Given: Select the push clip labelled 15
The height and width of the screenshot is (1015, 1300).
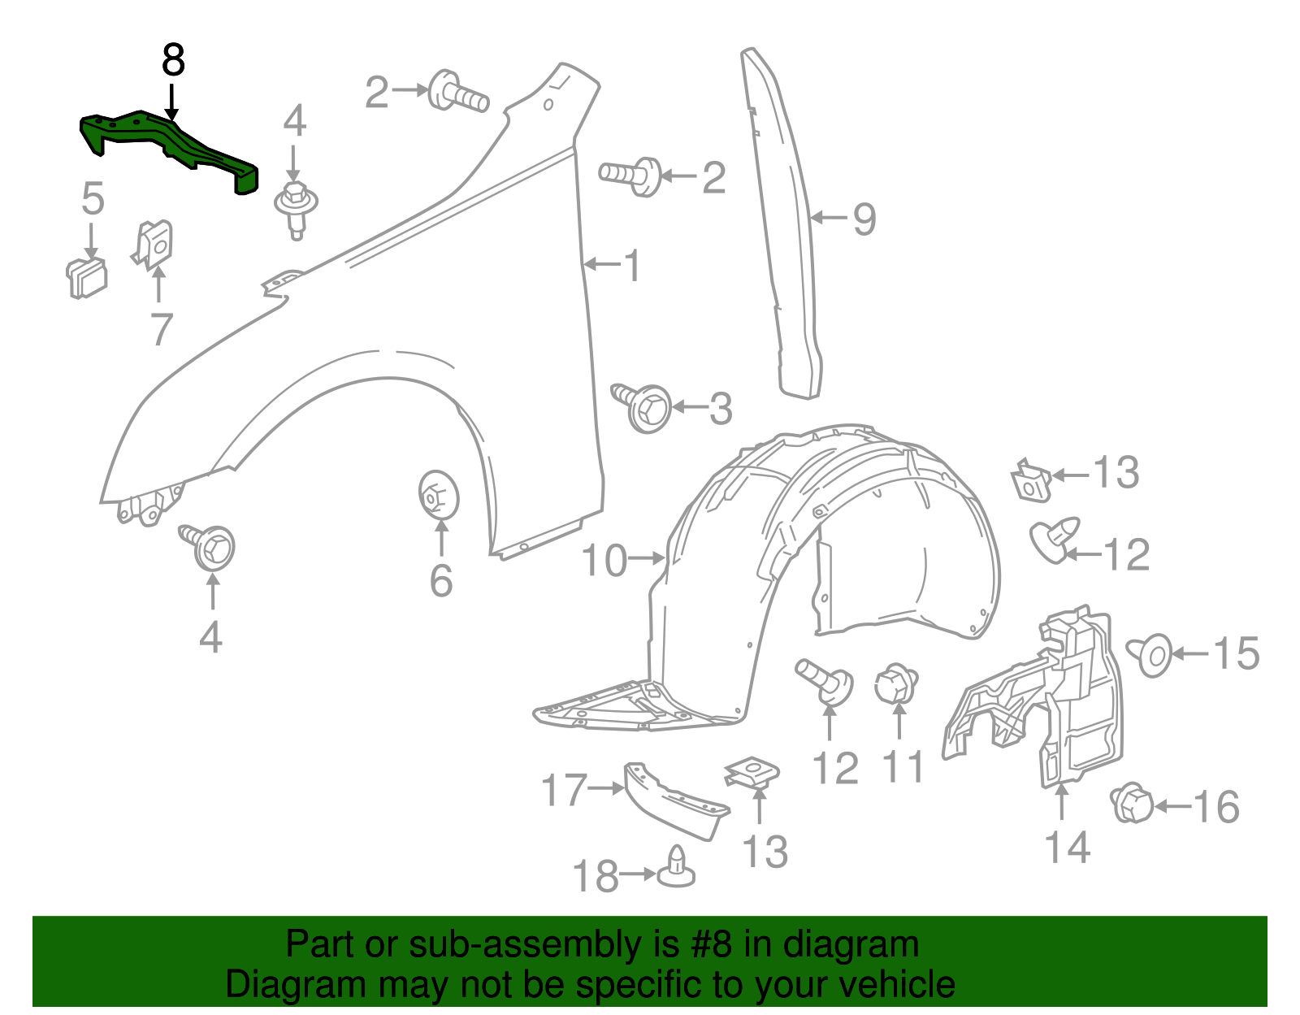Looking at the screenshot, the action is coord(1150,655).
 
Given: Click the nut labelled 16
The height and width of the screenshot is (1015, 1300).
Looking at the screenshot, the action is coord(1130,803).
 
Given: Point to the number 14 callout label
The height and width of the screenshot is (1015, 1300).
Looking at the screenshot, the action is coord(1067,847).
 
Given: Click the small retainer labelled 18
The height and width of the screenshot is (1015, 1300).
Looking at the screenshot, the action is coord(677,868).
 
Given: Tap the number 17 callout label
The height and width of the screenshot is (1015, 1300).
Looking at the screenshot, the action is coord(564,789).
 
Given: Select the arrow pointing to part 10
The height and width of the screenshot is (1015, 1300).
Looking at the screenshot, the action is coord(648,558).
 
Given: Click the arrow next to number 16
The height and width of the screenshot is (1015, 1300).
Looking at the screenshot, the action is coord(1173,806).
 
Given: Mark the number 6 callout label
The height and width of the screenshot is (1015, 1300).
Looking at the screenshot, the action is coord(440,580).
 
